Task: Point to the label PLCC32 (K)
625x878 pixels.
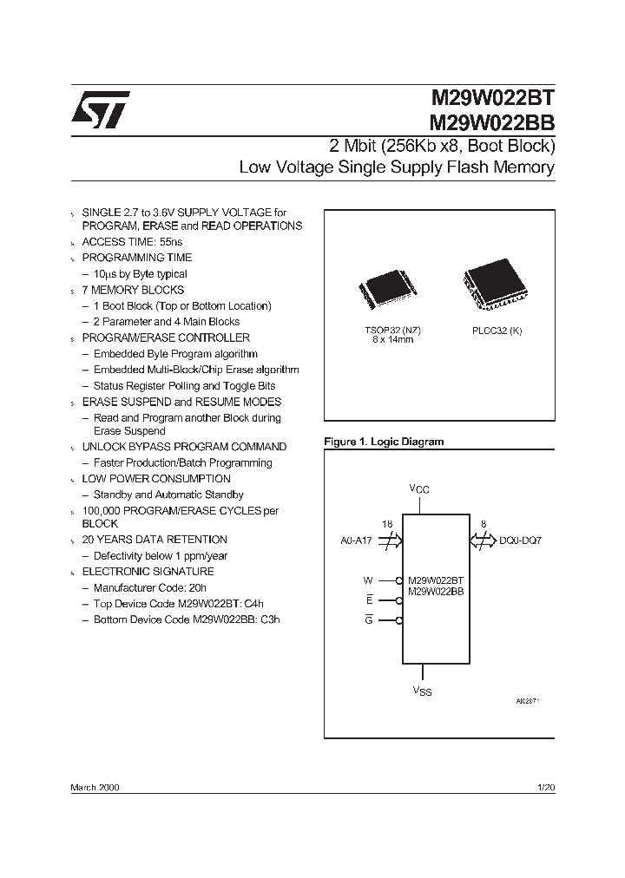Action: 497,331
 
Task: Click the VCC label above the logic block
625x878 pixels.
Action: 419,489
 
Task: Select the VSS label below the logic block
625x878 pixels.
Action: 422,691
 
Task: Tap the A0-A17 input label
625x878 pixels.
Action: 356,540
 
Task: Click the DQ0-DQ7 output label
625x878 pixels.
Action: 520,540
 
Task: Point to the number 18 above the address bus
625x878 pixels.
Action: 387,524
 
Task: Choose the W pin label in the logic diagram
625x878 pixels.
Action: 367,580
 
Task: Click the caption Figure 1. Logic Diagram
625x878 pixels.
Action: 384,442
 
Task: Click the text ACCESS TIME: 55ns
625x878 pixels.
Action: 132,242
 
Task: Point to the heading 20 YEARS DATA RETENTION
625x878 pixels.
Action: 155,540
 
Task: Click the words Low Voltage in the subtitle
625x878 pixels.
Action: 274,167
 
